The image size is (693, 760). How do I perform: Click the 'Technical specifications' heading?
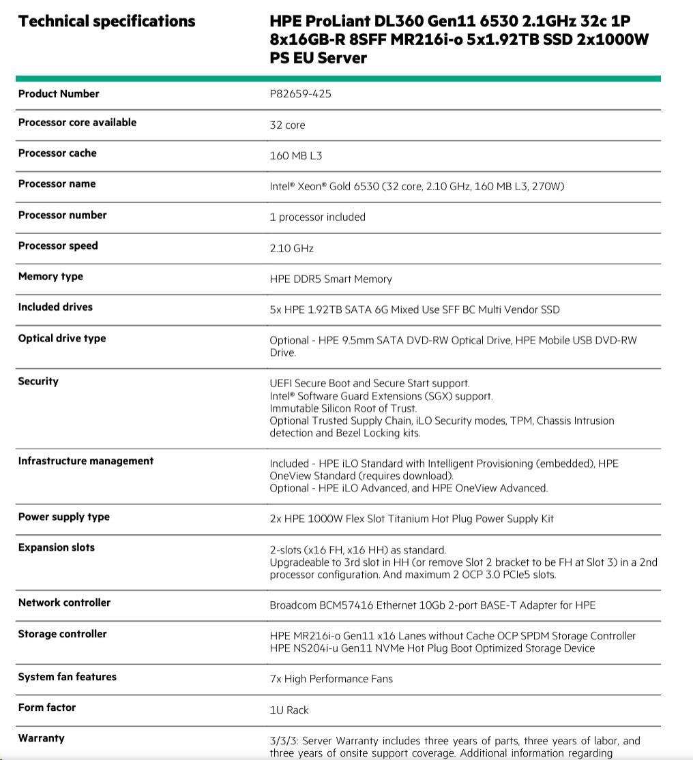coord(106,22)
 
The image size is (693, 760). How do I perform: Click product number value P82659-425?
coord(300,94)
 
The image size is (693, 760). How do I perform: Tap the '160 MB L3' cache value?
coord(296,156)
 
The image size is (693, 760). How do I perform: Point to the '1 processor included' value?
coord(317,217)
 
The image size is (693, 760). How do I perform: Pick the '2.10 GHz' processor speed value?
coord(291,249)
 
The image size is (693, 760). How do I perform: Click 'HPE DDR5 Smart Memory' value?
coord(331,279)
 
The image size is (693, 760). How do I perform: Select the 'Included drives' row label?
coord(55,307)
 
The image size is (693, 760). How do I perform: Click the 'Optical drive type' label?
coord(62,339)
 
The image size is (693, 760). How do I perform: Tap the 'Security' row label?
coord(38,382)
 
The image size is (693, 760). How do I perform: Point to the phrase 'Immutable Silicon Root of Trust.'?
coord(343,408)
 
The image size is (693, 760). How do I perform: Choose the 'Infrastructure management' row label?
coord(86,461)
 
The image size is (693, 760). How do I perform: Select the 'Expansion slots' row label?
coord(57,548)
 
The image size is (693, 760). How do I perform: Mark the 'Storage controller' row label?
coord(63,634)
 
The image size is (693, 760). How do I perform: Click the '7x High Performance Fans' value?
coord(331,679)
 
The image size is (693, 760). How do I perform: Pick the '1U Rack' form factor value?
coord(289,710)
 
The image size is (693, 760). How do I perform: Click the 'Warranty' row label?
coord(42,738)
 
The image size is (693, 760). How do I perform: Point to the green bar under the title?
coord(338,78)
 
